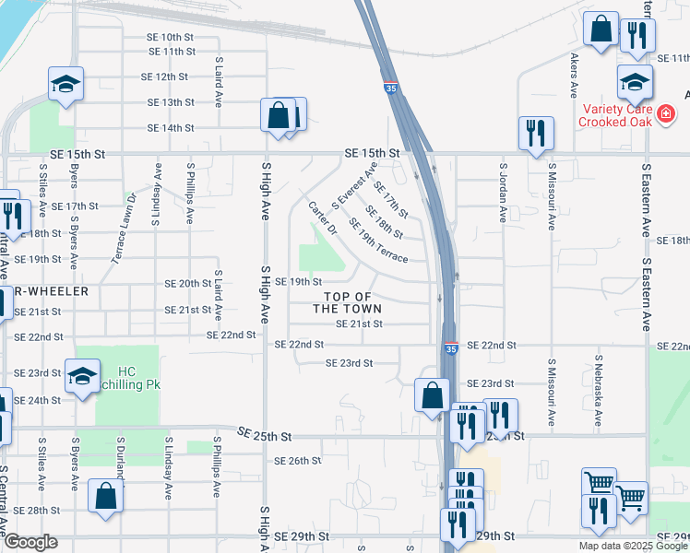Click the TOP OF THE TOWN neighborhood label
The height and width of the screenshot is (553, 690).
348,302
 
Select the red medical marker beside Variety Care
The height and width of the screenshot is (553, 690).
665,114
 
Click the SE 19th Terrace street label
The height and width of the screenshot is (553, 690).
378,246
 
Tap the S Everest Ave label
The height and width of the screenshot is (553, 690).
355,186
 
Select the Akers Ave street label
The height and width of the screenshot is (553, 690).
575,75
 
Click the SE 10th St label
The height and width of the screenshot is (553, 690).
164,37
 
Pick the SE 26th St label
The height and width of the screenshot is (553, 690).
297,461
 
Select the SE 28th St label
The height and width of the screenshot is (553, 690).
37,511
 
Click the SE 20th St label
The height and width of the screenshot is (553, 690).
188,284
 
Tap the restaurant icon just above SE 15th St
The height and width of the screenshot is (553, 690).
535,134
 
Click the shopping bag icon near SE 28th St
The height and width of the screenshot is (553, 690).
107,498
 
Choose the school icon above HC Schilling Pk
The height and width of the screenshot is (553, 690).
82,377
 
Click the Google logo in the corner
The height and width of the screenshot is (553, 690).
30,543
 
